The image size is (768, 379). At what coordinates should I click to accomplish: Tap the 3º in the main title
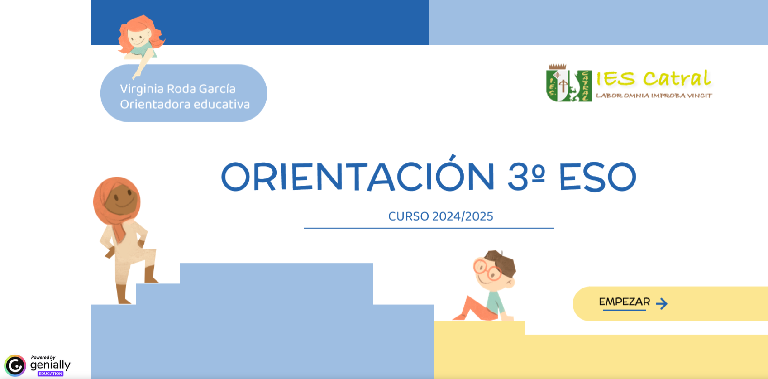(527, 176)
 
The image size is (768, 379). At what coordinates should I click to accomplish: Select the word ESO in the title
(597, 177)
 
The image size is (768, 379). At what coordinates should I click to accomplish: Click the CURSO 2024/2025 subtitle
(441, 216)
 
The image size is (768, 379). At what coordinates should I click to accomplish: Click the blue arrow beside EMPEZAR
(662, 303)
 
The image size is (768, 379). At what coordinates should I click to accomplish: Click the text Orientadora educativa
(185, 104)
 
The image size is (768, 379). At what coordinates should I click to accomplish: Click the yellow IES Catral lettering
(654, 78)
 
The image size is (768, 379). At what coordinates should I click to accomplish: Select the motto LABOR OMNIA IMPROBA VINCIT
(654, 96)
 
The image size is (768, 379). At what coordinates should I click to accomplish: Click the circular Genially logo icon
(15, 365)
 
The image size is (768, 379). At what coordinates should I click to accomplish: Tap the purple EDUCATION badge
(50, 374)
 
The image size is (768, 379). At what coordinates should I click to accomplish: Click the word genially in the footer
(50, 365)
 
